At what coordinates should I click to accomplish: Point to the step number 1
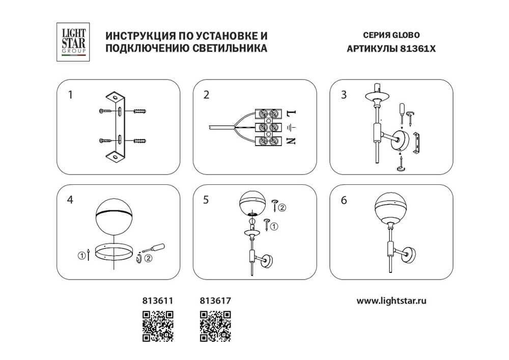click(x=71, y=95)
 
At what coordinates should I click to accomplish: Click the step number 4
click(x=71, y=200)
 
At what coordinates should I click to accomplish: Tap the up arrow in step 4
click(x=90, y=254)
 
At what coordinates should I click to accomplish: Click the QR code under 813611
click(x=157, y=326)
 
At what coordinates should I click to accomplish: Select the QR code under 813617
click(x=214, y=326)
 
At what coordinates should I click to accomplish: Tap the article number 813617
click(x=214, y=301)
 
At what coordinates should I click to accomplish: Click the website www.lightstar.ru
click(x=391, y=301)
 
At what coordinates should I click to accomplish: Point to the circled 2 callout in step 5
click(x=282, y=207)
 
